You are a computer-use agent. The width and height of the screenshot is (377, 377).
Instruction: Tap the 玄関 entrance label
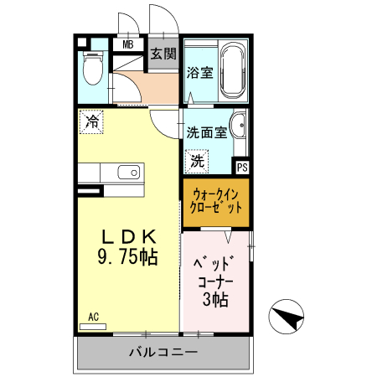163,54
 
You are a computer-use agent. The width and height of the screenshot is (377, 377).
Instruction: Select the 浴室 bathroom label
198,72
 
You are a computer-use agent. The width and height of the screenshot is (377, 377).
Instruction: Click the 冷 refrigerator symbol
91,121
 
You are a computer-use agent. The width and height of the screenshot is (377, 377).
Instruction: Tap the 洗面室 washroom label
206,132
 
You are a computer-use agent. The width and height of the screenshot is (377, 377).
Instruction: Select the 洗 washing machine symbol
198,158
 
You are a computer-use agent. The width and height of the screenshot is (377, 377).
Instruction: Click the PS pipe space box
242,168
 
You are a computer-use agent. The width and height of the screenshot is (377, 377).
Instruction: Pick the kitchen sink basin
129,172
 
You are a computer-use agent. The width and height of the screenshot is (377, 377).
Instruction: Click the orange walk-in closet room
216,201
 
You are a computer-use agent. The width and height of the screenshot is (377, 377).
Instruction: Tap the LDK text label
127,239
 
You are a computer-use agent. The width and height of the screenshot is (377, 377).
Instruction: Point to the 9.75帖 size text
127,258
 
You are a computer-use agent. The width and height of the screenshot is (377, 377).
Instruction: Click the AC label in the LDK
94,317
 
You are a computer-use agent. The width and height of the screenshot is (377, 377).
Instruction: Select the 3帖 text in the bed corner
217,298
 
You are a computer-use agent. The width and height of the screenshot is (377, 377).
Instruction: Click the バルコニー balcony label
163,352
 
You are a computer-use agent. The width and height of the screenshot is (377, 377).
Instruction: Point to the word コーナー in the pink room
217,281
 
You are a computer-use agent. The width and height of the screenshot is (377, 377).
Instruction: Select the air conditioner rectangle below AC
94,325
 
